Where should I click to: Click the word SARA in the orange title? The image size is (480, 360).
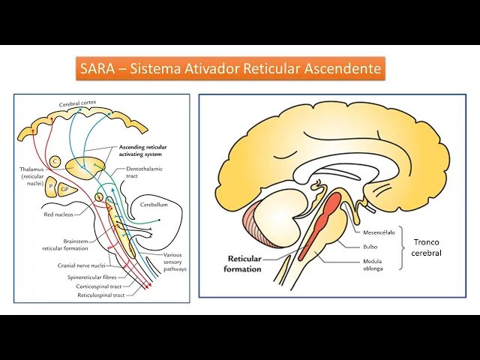[97, 70]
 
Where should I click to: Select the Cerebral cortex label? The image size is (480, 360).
[83, 103]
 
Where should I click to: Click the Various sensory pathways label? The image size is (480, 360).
[173, 262]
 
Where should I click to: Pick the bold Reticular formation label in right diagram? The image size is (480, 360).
[244, 263]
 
